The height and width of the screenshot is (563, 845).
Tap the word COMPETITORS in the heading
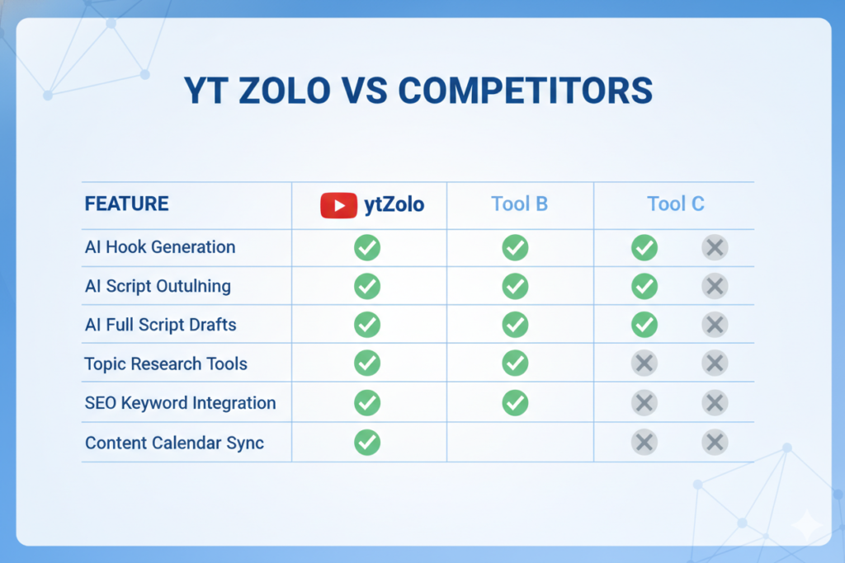click(525, 91)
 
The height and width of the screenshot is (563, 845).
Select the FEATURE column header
click(126, 204)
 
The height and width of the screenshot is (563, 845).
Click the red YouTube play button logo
click(338, 204)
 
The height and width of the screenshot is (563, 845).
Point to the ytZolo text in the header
click(394, 204)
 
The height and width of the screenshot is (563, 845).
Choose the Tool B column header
click(519, 204)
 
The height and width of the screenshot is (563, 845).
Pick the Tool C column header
click(676, 204)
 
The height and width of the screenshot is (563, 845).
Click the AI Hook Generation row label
click(160, 247)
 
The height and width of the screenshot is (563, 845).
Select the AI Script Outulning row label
click(158, 286)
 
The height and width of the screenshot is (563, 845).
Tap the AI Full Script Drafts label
click(160, 325)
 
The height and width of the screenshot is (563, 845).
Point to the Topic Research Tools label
click(166, 364)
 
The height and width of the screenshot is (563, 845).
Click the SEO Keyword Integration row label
click(180, 403)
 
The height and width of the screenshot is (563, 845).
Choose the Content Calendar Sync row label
click(174, 443)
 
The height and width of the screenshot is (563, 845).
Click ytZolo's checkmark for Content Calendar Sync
click(367, 443)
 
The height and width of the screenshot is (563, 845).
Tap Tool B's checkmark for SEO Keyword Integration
click(515, 403)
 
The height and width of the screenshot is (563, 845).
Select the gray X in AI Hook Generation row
click(715, 247)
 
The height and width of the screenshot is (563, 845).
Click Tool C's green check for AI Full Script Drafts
click(644, 325)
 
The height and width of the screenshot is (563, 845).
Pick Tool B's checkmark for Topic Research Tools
click(515, 364)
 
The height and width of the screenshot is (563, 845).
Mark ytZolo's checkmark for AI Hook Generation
click(367, 247)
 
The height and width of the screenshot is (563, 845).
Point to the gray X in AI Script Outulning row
click(715, 286)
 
